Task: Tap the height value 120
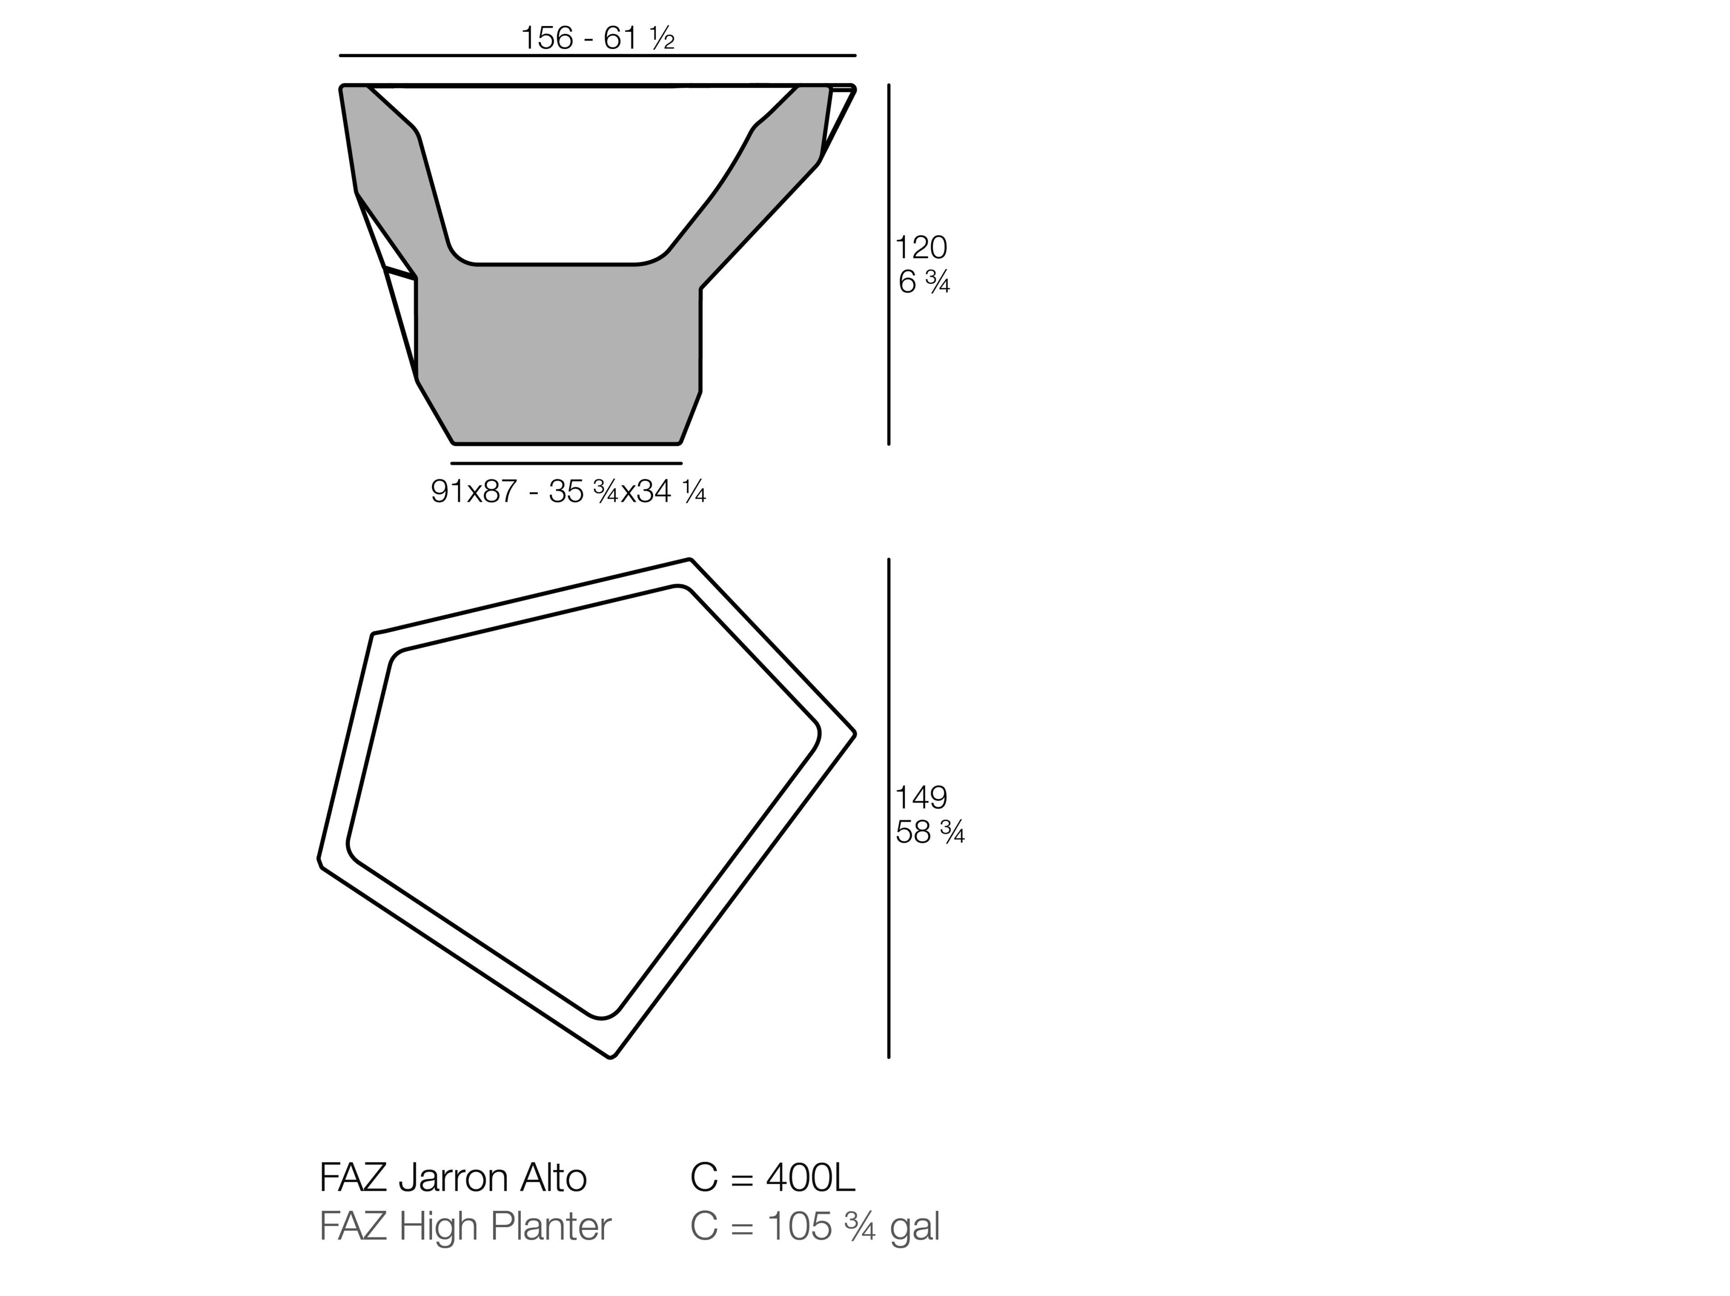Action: pos(920,248)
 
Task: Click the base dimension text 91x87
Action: pos(474,492)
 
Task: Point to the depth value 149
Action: pos(920,797)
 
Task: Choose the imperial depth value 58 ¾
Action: pos(929,832)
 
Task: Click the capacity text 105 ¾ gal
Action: pos(852,1226)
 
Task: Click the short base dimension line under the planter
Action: pos(566,464)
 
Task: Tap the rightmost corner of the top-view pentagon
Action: pos(854,733)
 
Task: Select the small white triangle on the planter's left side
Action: pos(402,321)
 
